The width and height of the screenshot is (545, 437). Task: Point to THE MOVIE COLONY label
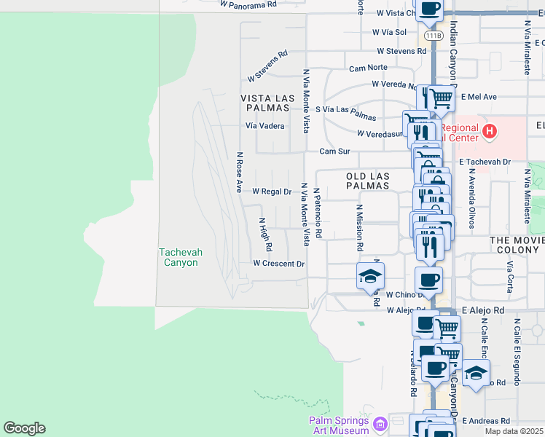(517, 245)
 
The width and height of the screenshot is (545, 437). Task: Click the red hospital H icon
(490, 132)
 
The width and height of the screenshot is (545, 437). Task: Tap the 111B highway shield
(434, 35)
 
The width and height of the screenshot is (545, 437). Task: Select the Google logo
(24, 428)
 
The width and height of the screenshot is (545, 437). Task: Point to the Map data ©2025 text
(514, 431)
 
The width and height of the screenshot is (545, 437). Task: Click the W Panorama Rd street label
(249, 4)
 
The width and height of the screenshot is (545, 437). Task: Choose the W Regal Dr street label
(272, 192)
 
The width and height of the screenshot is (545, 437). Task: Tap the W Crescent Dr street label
(278, 264)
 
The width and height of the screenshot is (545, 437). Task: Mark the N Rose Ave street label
(238, 173)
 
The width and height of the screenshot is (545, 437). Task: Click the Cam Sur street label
(334, 151)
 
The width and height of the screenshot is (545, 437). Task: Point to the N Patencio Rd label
(318, 212)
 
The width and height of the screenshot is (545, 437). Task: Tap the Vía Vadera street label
(264, 125)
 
